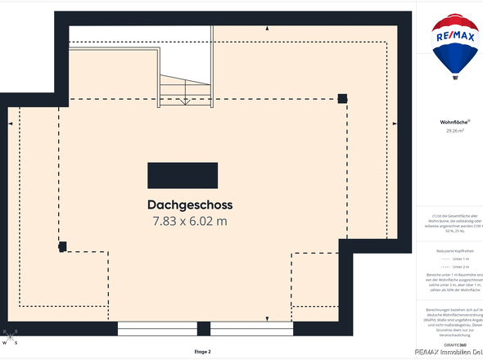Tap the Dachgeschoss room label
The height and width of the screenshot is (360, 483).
click(191, 205)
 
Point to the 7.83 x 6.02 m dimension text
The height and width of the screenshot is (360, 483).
click(190, 221)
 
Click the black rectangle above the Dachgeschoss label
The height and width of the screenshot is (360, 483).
click(183, 175)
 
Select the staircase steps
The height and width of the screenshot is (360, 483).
click(185, 90)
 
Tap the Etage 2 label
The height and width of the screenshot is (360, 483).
click(202, 352)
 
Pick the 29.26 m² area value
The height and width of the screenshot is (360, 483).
click(455, 131)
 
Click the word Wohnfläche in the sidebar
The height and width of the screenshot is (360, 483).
click(454, 121)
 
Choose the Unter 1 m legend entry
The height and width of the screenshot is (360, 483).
click(460, 258)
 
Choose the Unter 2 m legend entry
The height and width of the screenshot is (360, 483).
click(460, 267)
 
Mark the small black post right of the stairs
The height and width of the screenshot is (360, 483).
click(342, 98)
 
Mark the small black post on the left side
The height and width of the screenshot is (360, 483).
click(62, 246)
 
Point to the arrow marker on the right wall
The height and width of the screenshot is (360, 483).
click(399, 124)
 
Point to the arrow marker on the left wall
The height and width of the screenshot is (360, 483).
click(10, 124)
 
